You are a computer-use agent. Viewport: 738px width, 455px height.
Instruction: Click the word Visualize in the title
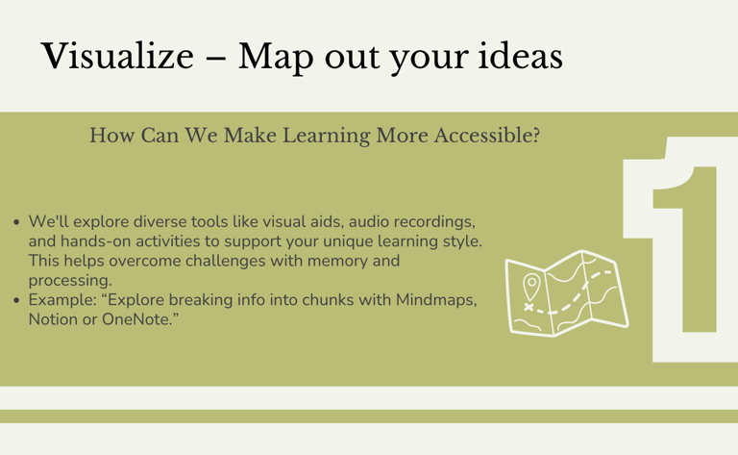[117, 56]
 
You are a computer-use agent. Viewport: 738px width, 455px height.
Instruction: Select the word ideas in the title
[520, 56]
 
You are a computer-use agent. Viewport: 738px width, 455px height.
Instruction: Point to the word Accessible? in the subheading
[486, 136]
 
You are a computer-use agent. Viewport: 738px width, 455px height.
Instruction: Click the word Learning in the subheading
[326, 137]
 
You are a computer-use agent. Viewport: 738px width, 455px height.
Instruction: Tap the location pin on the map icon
[531, 287]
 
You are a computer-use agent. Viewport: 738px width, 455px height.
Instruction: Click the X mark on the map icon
[529, 307]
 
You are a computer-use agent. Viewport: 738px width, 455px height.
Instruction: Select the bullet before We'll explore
[17, 222]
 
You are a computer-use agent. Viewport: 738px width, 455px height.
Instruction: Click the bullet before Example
[17, 300]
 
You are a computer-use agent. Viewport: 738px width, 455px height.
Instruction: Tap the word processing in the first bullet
[70, 281]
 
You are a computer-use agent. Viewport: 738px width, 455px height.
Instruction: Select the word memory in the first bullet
[337, 262]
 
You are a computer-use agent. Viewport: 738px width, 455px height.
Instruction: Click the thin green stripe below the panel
[369, 417]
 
